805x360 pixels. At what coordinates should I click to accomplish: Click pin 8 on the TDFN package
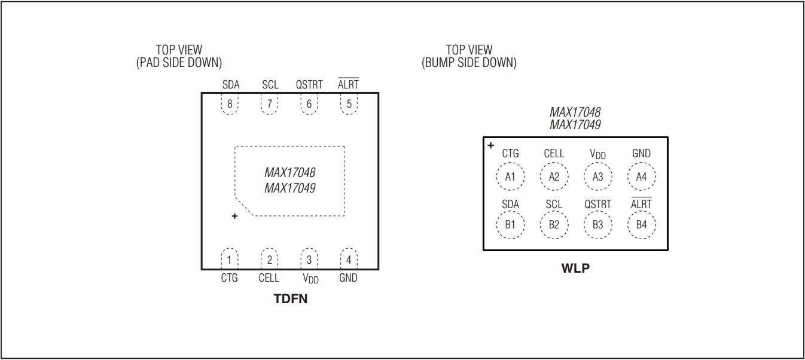pos(230,103)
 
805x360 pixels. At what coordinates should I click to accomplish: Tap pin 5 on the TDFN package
pos(349,103)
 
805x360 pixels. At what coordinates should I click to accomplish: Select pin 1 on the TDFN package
pos(230,260)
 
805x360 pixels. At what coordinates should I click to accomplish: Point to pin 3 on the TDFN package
pos(309,260)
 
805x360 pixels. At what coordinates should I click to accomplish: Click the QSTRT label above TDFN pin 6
pos(309,85)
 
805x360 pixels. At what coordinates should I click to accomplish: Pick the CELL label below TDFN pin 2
pos(269,278)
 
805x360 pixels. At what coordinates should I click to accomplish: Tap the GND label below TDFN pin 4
pos(348,278)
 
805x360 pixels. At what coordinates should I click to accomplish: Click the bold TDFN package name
pos(291,298)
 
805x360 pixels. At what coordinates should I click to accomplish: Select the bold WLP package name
pos(575,268)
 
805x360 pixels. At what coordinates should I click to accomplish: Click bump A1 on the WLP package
pos(510,176)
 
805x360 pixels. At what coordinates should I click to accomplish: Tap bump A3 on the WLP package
pos(597,176)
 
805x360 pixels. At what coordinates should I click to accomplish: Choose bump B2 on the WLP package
pos(554,225)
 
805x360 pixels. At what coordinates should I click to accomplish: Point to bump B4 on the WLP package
pos(641,225)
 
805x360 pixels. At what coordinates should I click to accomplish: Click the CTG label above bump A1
pos(510,154)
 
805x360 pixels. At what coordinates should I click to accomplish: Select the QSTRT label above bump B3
pos(597,205)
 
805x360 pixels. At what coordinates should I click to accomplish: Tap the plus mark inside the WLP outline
pos(490,145)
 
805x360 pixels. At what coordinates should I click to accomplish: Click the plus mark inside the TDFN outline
pos(234,216)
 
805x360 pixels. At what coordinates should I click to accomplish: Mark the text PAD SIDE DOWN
pos(179,62)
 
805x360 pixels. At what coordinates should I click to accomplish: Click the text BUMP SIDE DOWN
pos(469,62)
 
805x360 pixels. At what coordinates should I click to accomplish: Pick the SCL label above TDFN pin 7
pos(270,85)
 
